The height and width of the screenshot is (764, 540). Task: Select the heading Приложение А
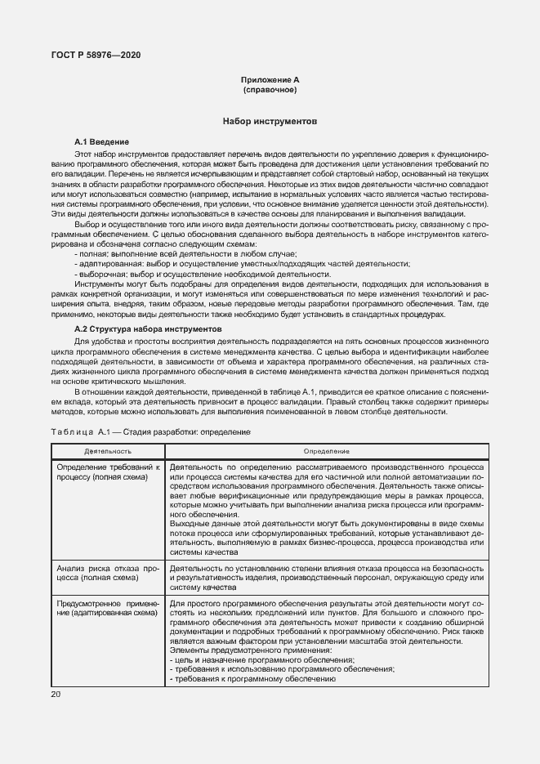pyautogui.click(x=270, y=79)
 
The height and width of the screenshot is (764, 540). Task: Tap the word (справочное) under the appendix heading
pyautogui.click(x=270, y=89)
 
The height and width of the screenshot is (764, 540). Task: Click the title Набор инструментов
pyautogui.click(x=270, y=121)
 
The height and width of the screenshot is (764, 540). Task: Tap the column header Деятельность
pyautogui.click(x=108, y=451)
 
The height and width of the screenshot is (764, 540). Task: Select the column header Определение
pyautogui.click(x=327, y=451)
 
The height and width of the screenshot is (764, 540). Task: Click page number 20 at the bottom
pyautogui.click(x=56, y=695)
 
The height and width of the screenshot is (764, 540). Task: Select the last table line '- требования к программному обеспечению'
pyautogui.click(x=253, y=678)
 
